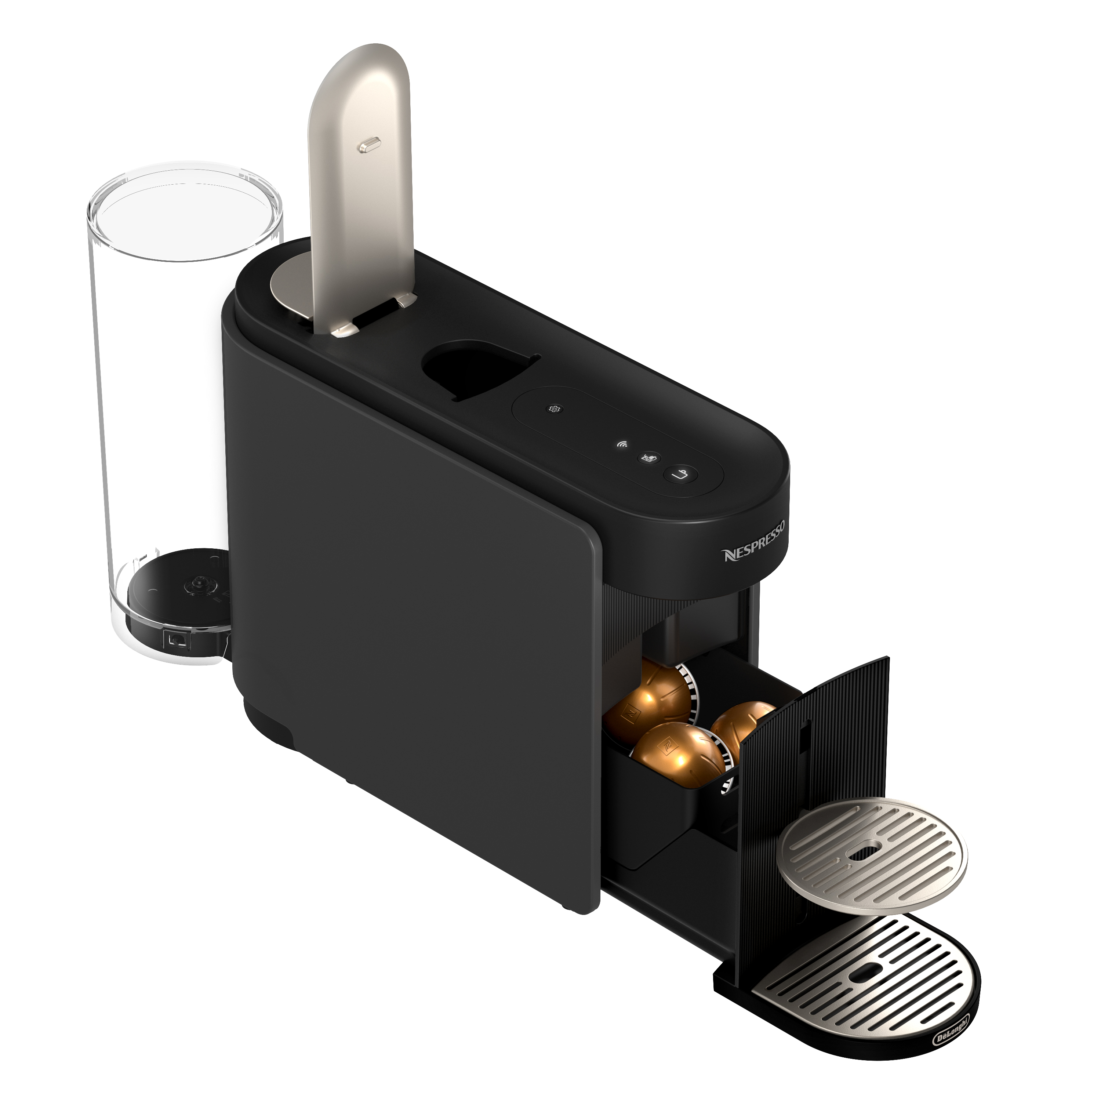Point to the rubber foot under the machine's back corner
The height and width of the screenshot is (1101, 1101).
268,727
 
